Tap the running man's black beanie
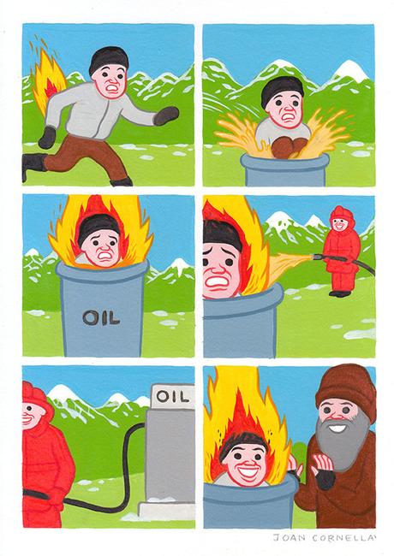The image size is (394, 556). pos(109,62)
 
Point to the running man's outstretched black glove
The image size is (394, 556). pos(168,115)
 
